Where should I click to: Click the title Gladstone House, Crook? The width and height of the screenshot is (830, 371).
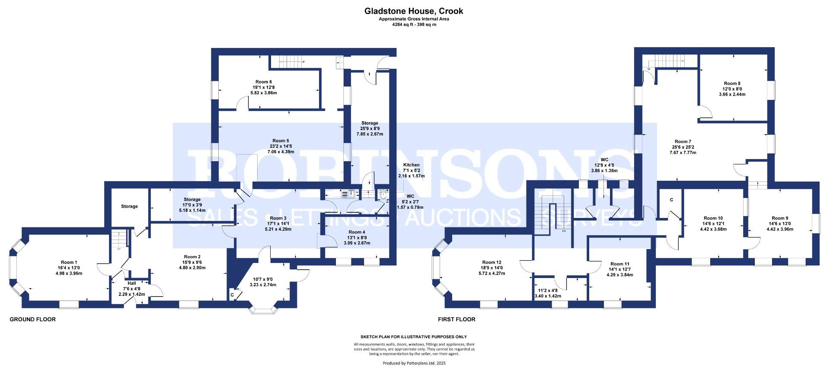pos(414,11)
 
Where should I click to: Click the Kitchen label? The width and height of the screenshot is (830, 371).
pos(411,165)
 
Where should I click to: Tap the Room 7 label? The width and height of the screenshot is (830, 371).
pos(683,141)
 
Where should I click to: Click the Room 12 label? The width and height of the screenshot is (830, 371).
pos(492,262)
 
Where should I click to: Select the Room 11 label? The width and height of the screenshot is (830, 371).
pos(620,264)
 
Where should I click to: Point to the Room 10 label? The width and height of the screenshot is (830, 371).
pos(713,218)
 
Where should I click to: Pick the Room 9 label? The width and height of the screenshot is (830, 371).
pos(780,218)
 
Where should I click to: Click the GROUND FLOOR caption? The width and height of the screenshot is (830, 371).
pos(33,320)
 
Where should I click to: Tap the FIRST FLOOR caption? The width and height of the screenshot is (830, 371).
pos(456,320)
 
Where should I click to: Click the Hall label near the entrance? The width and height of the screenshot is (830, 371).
pos(131,283)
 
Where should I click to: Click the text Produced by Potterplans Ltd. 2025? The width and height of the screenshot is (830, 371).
pos(414,363)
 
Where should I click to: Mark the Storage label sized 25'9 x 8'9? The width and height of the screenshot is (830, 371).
pos(370,123)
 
